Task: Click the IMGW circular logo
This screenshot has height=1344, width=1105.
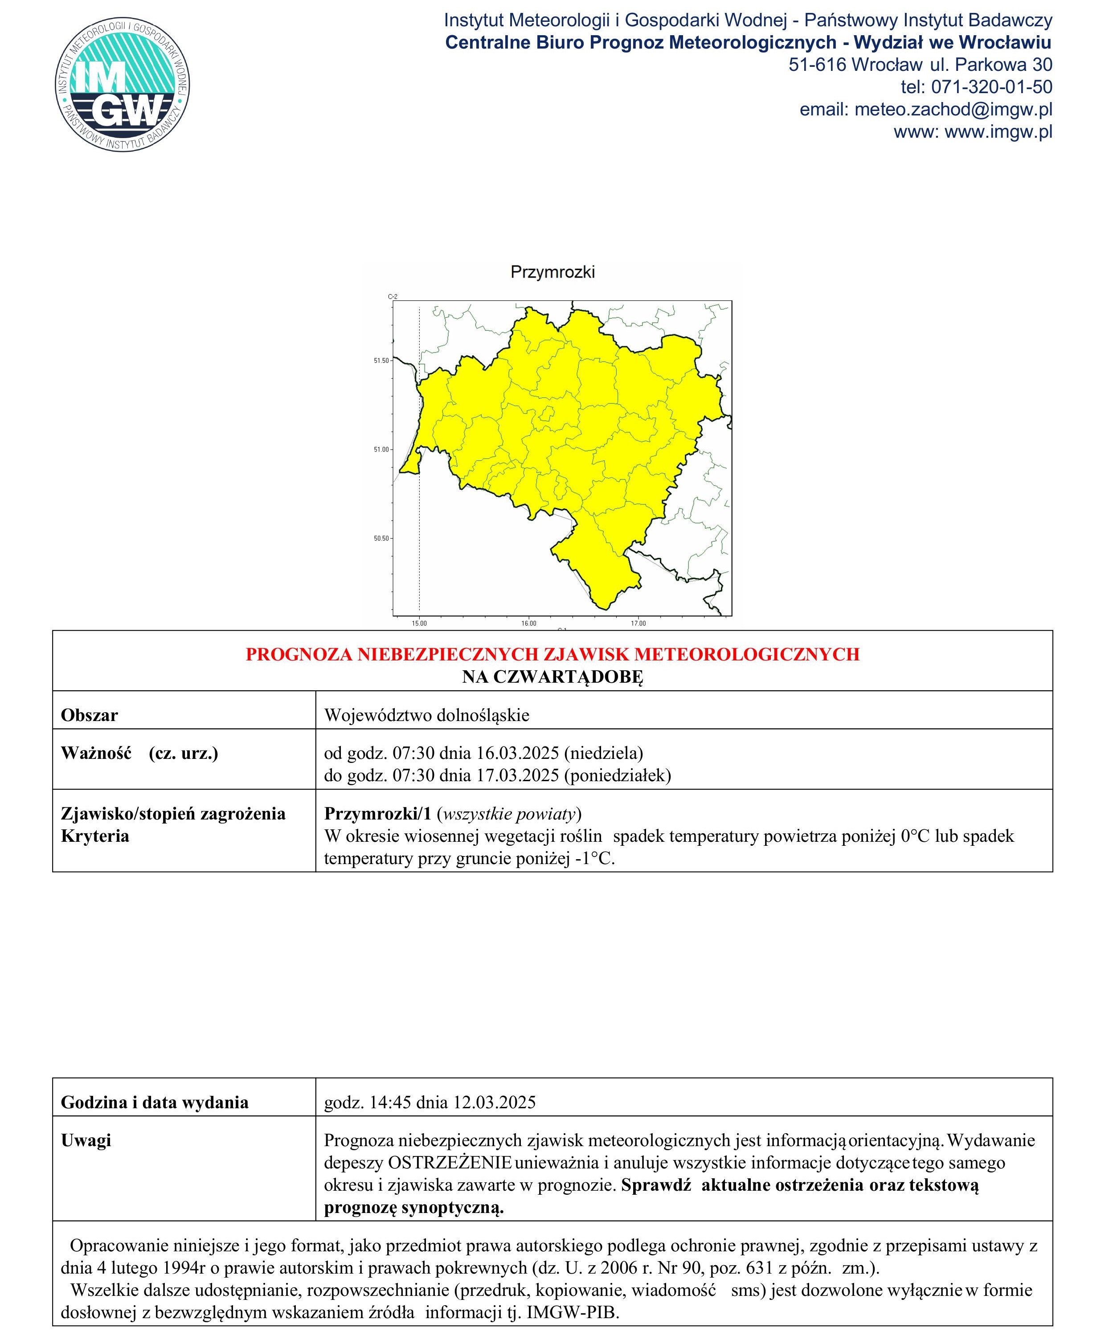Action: point(122,85)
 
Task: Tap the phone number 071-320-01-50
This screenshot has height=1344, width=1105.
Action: point(992,87)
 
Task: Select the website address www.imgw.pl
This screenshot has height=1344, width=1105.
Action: point(998,132)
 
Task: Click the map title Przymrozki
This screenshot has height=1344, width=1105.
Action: point(552,272)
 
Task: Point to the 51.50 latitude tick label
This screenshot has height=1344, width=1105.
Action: point(381,361)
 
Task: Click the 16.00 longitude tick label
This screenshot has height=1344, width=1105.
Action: point(528,624)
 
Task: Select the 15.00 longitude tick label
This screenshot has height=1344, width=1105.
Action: point(419,624)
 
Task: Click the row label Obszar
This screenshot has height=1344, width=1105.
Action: point(90,715)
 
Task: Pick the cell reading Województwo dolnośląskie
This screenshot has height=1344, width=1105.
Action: point(426,715)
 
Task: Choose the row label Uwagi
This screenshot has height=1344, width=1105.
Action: point(86,1140)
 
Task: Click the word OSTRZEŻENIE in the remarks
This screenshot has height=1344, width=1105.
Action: point(450,1163)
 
